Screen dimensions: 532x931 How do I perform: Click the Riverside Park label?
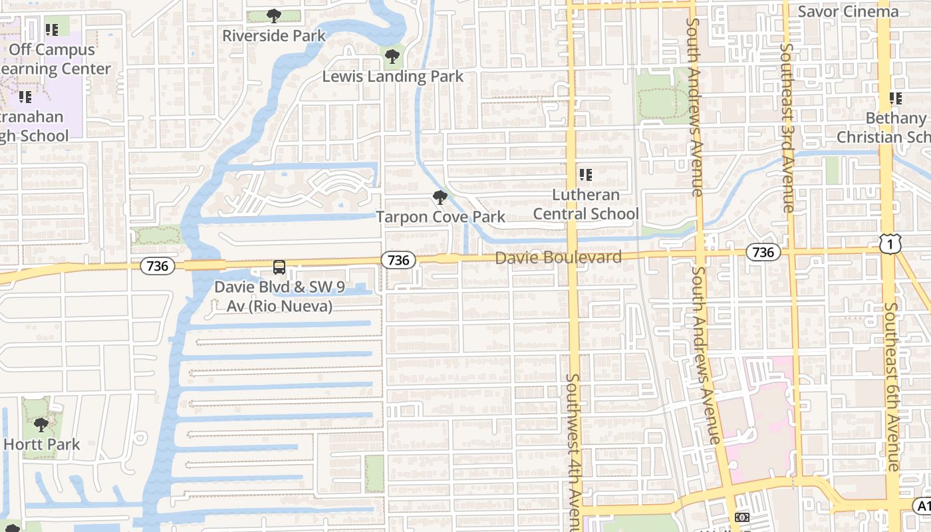coord(274,35)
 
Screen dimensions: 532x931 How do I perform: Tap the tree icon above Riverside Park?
coord(273,15)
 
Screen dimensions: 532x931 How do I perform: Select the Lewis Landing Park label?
coord(393,76)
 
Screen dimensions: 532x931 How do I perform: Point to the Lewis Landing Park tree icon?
coord(393,55)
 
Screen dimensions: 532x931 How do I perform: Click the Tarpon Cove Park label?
coord(440,217)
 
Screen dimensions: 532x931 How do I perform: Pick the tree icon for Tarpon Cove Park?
coord(440,197)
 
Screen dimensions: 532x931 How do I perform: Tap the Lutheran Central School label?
coord(586,204)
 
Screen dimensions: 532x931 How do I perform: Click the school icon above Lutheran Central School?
coord(585,175)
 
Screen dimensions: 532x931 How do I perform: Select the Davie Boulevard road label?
coord(559,257)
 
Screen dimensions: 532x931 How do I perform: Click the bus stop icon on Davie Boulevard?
coord(279,267)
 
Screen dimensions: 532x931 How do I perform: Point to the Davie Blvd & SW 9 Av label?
coord(273,297)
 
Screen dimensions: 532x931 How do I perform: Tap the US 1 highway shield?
coord(890,245)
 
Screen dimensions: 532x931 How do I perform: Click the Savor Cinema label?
coord(848,11)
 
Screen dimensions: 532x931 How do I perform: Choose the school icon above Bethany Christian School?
coord(896,98)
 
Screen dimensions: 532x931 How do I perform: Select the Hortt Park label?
coord(42,444)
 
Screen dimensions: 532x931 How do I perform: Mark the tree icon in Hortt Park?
coord(41,424)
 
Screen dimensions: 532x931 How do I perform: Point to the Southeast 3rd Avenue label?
coord(788,126)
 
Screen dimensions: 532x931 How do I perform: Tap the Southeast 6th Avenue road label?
coord(892,386)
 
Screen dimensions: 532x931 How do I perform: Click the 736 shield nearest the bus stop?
coord(158,266)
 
